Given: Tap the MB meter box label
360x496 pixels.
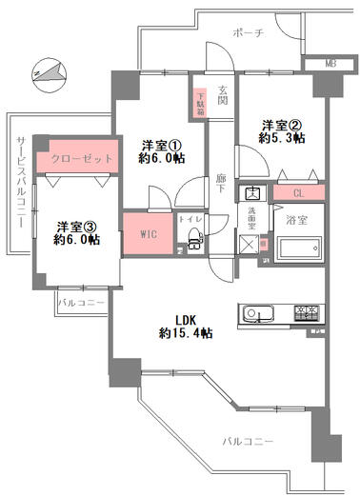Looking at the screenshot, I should click(330, 64).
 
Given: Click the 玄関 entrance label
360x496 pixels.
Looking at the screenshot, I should click(223, 99).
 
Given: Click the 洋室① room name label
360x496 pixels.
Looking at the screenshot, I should click(161, 145).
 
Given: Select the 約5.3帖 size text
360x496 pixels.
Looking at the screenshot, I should click(284, 138).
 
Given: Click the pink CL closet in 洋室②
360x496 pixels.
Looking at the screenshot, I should click(298, 193).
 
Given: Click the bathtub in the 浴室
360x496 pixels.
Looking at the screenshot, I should click(300, 250).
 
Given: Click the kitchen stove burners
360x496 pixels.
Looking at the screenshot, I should click(307, 314).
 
